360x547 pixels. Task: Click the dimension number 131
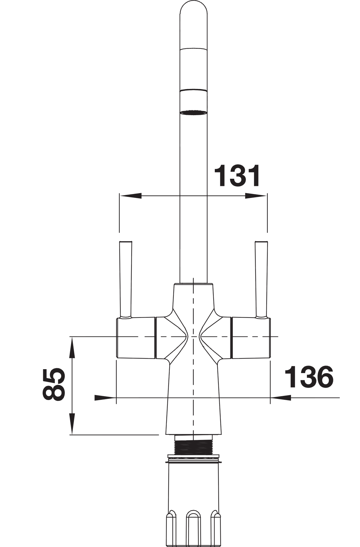238,176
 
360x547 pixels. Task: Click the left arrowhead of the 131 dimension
130,196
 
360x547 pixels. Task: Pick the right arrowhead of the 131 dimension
256,196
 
